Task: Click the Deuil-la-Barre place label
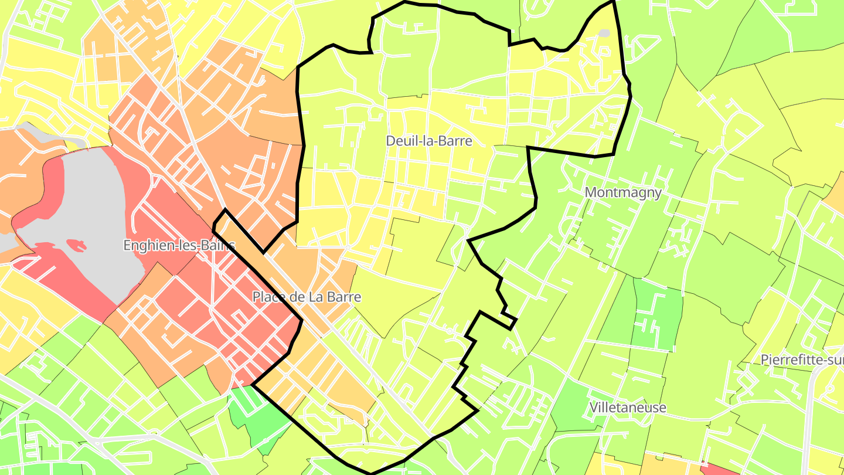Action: point(428,141)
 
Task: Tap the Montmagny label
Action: point(623,192)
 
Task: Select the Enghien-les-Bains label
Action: point(179,245)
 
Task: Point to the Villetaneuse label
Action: point(628,408)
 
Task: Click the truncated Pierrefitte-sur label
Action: point(802,359)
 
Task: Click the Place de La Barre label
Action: point(307,297)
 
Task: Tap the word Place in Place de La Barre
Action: point(267,297)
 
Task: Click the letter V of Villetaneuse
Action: point(594,408)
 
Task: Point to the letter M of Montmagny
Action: point(591,192)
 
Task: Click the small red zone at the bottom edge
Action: point(718,469)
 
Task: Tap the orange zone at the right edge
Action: point(836,194)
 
